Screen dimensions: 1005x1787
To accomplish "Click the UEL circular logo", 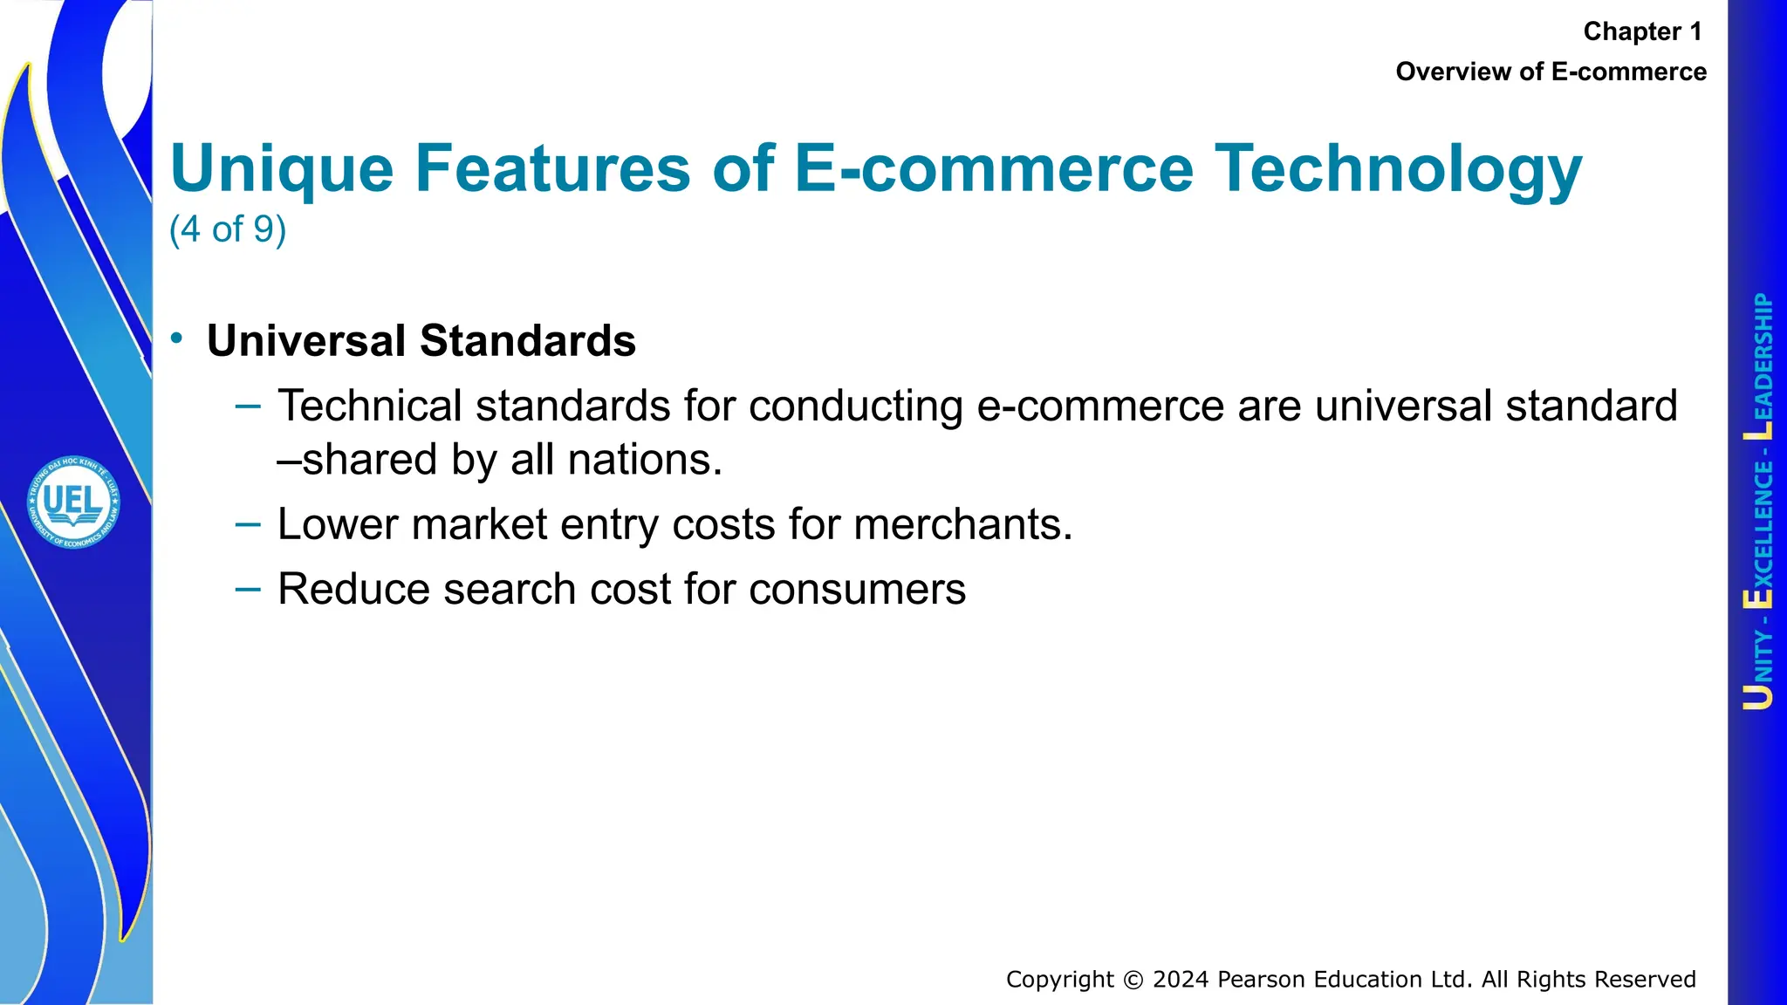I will [73, 502].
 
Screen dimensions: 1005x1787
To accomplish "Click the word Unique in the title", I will [282, 168].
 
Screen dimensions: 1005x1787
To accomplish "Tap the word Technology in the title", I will [1398, 168].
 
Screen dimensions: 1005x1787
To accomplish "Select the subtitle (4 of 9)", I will [228, 229].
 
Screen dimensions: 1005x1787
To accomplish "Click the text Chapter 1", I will [1642, 31].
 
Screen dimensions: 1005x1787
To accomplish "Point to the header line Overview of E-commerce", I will [1551, 72].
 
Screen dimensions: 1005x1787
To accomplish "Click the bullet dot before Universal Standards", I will [177, 338].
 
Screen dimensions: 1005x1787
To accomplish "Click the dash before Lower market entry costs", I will [248, 523].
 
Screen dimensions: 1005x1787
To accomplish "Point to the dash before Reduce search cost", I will [248, 589].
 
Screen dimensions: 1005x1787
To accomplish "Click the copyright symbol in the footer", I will [1133, 980].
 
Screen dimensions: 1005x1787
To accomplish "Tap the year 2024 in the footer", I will [1181, 980].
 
